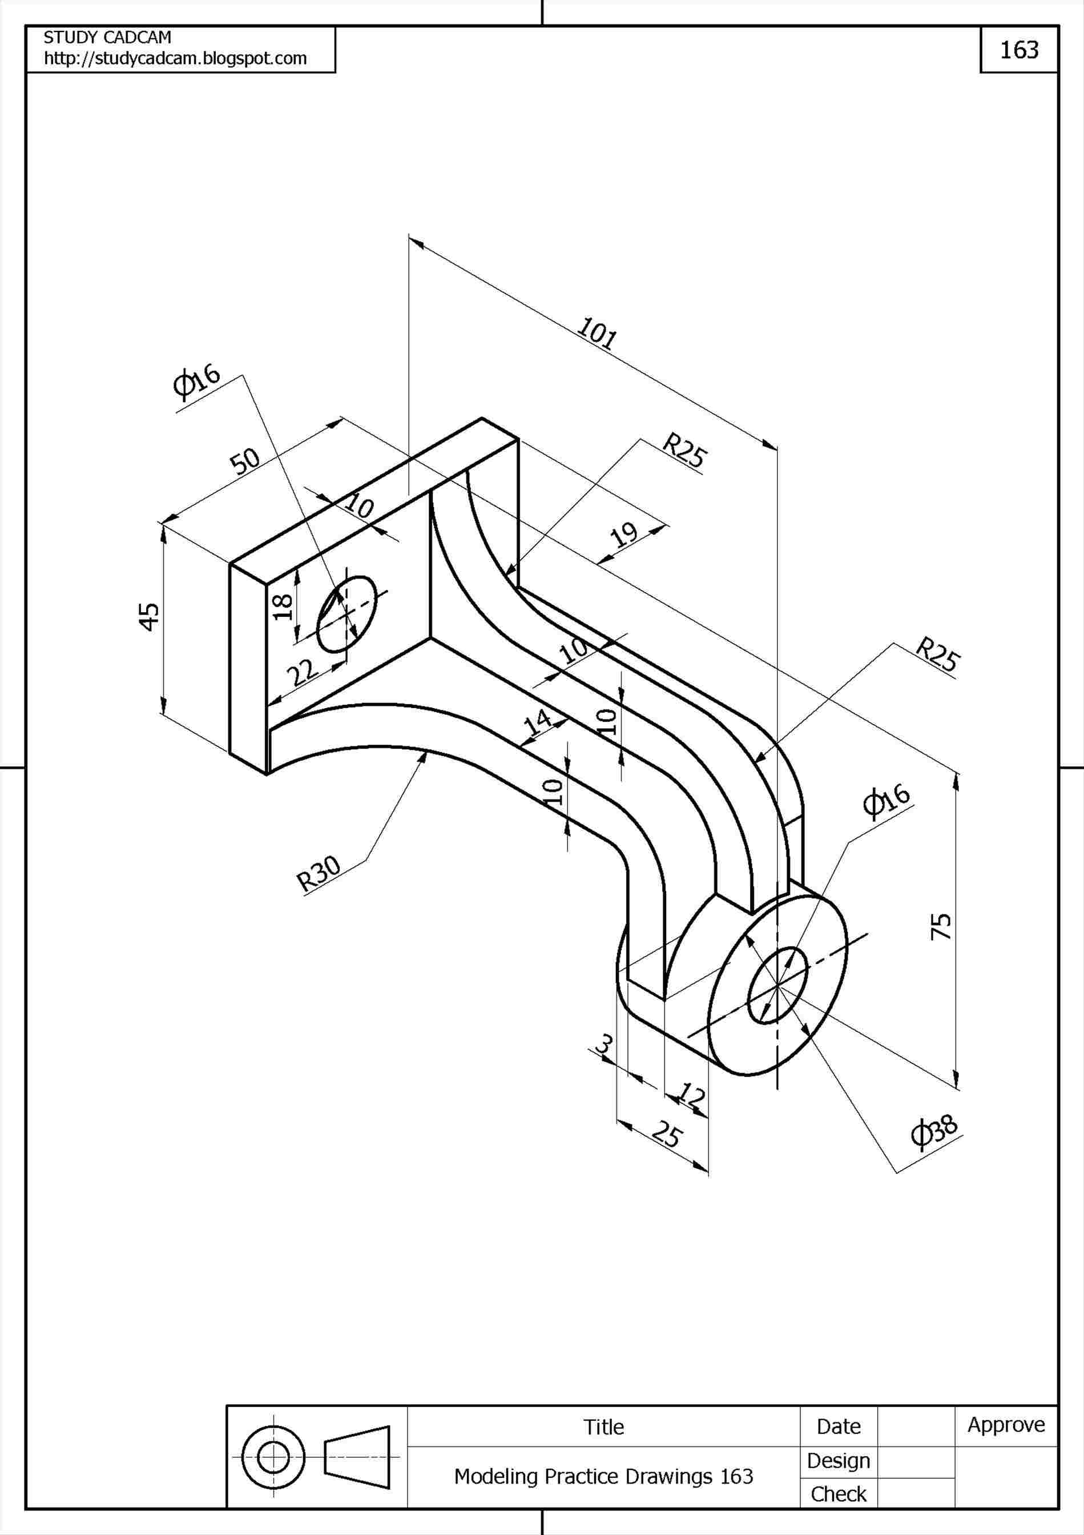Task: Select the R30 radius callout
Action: point(319,874)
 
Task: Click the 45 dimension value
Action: point(149,616)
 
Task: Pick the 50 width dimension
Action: point(245,461)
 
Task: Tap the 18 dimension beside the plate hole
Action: point(283,606)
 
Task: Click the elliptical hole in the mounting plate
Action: point(346,614)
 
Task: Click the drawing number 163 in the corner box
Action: point(1018,50)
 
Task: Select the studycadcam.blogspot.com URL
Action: point(175,59)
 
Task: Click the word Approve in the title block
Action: point(1006,1425)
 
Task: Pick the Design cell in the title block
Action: point(838,1461)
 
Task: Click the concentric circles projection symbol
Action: point(273,1457)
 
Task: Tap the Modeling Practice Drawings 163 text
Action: point(603,1476)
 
